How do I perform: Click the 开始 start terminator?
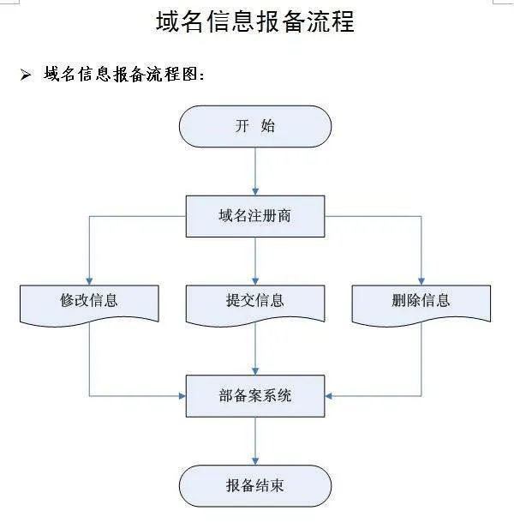(x=255, y=126)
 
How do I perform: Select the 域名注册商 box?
(x=255, y=216)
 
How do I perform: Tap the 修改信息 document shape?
(x=89, y=303)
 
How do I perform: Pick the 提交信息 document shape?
(x=255, y=303)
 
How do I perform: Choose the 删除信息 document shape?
(x=421, y=303)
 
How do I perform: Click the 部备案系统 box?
(x=255, y=395)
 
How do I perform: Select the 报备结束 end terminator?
(x=255, y=486)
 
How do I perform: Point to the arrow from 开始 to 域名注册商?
(x=255, y=171)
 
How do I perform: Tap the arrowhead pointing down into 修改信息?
(x=89, y=279)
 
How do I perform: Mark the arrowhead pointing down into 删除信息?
(x=421, y=279)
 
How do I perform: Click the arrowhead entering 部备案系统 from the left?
(x=182, y=395)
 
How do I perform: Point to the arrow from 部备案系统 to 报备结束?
(x=255, y=441)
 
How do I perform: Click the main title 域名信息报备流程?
(x=255, y=21)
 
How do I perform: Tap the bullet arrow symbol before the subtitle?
(x=25, y=75)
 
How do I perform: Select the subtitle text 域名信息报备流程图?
(x=124, y=75)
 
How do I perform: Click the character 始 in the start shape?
(x=267, y=126)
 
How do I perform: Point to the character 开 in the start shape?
(x=242, y=126)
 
